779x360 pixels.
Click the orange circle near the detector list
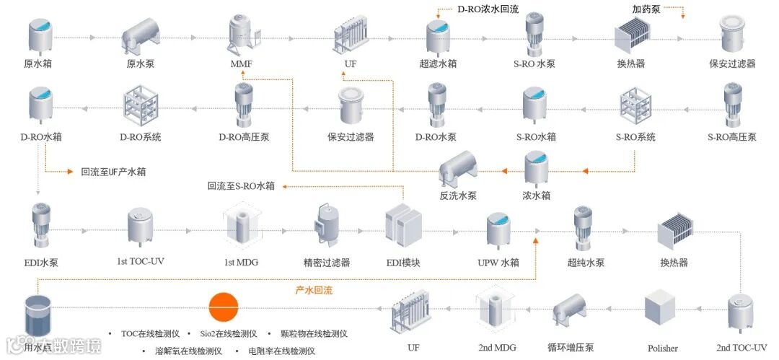tap(224, 307)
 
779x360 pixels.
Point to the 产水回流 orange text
tap(314, 290)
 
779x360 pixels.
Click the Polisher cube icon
tap(661, 309)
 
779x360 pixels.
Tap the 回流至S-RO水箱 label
tap(241, 186)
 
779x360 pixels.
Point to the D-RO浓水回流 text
tap(488, 9)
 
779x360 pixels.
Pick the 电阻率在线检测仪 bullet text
tap(282, 351)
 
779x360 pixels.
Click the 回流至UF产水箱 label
tap(118, 172)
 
